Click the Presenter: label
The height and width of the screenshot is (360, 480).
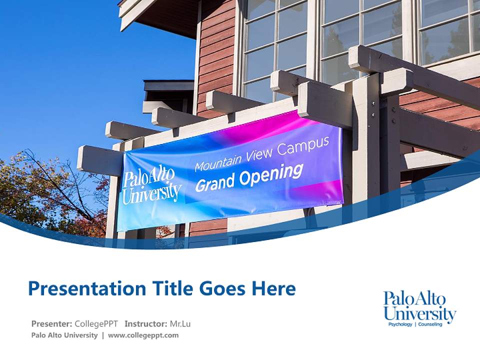pyautogui.click(x=52, y=323)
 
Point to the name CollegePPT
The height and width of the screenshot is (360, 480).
pyautogui.click(x=97, y=323)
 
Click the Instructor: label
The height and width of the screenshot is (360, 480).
pyautogui.click(x=145, y=323)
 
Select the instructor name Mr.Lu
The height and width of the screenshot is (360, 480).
pyautogui.click(x=180, y=323)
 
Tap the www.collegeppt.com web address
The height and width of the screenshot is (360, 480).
pyautogui.click(x=143, y=335)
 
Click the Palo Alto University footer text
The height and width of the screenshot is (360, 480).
pyautogui.click(x=64, y=335)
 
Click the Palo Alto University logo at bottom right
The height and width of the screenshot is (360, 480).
pyautogui.click(x=419, y=306)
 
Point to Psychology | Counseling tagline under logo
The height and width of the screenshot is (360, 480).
pyautogui.click(x=415, y=324)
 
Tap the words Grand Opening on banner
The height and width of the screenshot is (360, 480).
pyautogui.click(x=248, y=177)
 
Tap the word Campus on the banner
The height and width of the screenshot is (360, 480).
pyautogui.click(x=310, y=144)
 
